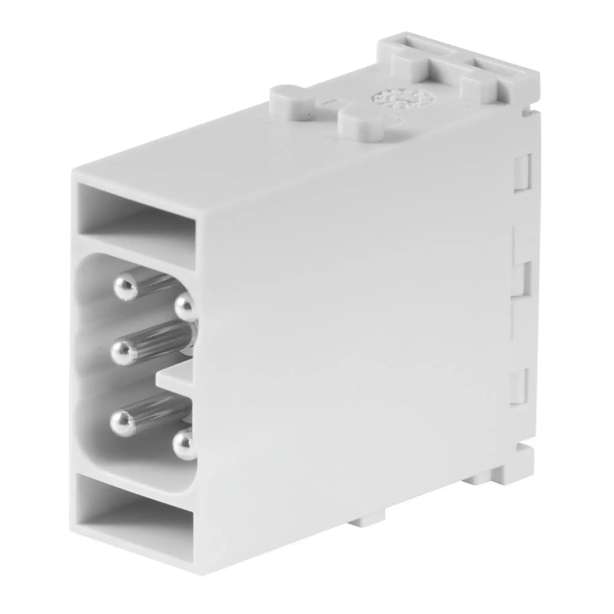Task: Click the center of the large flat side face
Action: point(350,318)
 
